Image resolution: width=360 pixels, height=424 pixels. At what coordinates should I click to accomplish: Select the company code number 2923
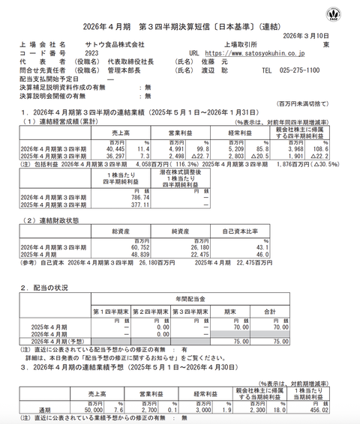point(91,54)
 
